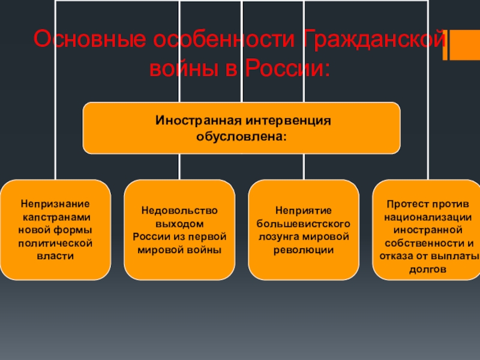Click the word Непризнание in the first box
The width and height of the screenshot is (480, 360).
(55, 204)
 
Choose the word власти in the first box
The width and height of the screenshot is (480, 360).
(55, 256)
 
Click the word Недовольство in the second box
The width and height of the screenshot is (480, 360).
(179, 211)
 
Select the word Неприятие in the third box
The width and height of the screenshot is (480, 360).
(304, 211)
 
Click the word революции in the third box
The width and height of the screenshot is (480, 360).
(304, 250)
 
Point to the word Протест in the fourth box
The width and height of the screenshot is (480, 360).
(404, 204)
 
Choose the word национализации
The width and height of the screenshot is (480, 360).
(427, 217)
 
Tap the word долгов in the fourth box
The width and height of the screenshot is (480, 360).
(427, 269)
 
